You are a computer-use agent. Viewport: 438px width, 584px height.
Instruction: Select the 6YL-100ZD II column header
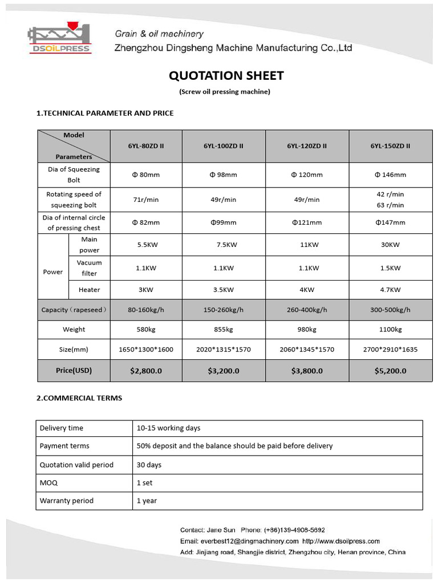tap(224, 146)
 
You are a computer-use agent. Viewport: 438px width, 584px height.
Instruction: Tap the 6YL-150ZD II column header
tap(390, 146)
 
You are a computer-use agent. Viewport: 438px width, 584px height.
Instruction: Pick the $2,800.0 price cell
tap(146, 371)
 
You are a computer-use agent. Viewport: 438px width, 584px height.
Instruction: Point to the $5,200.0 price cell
tap(390, 371)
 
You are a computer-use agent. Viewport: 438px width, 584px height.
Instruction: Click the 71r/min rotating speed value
tap(146, 200)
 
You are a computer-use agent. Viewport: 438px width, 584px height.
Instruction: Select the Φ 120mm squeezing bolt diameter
tap(307, 175)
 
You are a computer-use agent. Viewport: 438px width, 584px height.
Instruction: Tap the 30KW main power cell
tap(390, 245)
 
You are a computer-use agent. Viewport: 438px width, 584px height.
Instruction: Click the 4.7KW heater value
tap(390, 290)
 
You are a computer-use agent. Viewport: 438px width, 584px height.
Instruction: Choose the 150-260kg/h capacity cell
tap(224, 310)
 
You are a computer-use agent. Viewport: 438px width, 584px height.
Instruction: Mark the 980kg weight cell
tap(307, 330)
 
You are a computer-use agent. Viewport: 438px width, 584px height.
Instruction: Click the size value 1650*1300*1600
tap(146, 350)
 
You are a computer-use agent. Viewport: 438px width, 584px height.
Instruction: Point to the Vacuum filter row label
tap(89, 268)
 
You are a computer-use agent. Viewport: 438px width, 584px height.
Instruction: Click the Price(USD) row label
tap(74, 371)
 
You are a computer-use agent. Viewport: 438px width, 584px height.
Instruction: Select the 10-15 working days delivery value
tap(168, 428)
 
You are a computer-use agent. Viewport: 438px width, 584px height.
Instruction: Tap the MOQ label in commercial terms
tap(48, 482)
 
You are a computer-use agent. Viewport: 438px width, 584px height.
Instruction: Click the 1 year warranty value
tap(147, 501)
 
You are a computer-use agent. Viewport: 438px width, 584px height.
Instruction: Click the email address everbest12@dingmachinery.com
tap(249, 541)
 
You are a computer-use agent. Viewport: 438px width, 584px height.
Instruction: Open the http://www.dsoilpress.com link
tap(341, 541)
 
